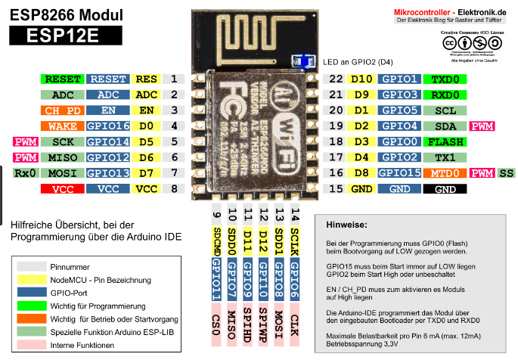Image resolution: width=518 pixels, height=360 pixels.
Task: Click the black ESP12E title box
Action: tap(60, 35)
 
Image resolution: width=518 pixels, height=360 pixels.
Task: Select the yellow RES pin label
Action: tap(147, 79)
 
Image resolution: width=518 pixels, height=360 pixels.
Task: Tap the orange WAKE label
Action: tap(63, 126)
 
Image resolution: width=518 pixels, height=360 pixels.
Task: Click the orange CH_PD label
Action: tap(63, 110)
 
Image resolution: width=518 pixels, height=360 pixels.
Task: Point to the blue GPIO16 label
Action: tap(108, 126)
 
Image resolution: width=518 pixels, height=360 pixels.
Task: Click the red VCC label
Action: tap(63, 189)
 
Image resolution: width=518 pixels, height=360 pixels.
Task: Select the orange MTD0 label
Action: tap(445, 173)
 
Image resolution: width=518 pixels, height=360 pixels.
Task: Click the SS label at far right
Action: tap(505, 173)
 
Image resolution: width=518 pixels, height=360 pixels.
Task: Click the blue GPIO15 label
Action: tap(398, 173)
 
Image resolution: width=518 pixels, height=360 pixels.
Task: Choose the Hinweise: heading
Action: tap(346, 225)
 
